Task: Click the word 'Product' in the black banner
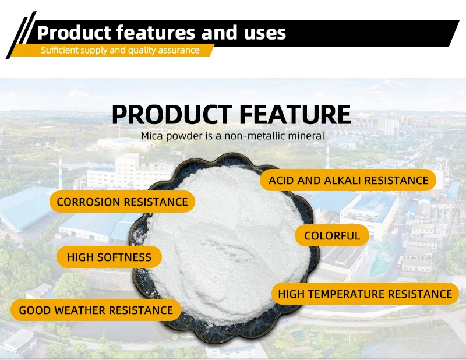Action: coord(74,33)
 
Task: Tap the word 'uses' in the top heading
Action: coord(265,33)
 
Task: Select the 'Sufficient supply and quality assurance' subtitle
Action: coord(120,50)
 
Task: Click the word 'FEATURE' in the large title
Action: coord(295,114)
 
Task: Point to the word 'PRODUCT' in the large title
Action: coord(172,114)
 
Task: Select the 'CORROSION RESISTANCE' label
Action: coord(122,202)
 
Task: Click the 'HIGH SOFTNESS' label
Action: coord(109,257)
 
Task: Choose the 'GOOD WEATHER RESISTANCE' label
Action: coord(96,310)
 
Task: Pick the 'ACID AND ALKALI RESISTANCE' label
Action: coord(348,180)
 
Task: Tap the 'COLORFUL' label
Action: coord(332,236)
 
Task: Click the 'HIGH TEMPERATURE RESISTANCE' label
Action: coord(365,294)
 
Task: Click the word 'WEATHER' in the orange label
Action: coord(80,310)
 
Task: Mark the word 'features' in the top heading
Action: coord(156,33)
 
